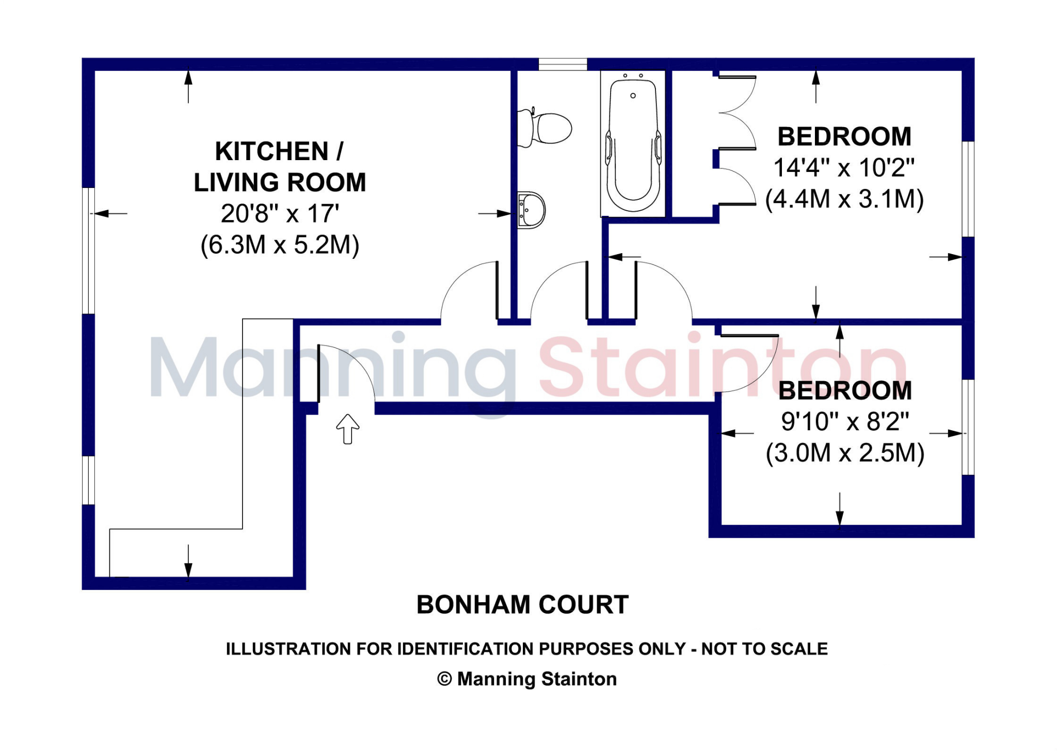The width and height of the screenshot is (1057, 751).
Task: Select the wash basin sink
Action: [x=532, y=210]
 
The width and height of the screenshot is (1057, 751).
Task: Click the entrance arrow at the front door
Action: [x=348, y=429]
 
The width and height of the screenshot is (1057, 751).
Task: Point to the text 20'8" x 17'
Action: [x=280, y=214]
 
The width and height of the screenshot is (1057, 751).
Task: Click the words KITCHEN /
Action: [x=279, y=152]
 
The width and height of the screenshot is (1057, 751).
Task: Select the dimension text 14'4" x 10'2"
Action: [x=844, y=168]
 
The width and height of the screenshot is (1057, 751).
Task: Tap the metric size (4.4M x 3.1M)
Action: [x=844, y=199]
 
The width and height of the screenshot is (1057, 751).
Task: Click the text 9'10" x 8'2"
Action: [x=845, y=422]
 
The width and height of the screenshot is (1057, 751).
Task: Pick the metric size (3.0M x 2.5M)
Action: [x=845, y=453]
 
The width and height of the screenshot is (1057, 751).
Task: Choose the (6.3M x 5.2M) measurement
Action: [x=280, y=245]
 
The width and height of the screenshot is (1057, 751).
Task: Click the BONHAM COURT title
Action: [x=522, y=605]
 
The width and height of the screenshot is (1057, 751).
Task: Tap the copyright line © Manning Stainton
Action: [x=527, y=679]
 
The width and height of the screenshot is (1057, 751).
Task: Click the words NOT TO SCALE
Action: [x=764, y=649]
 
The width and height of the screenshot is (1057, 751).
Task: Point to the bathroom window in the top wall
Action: [x=563, y=65]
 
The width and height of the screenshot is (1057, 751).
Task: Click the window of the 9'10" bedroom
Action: [x=968, y=427]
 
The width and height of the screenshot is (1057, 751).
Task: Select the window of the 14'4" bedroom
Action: [x=968, y=189]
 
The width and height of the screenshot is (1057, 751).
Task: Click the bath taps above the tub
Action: [x=633, y=76]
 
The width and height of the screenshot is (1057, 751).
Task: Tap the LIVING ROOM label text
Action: [x=280, y=183]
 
